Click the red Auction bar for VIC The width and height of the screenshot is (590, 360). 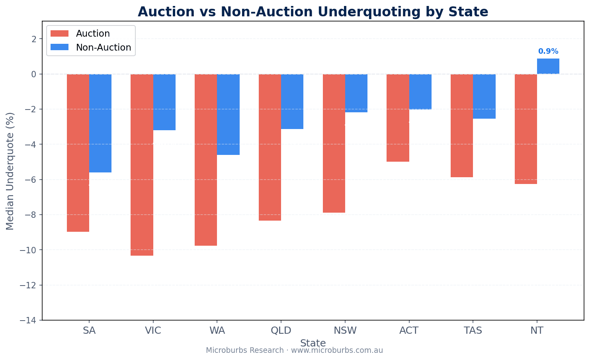tap(142, 165)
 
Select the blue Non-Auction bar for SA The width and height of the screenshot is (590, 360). tap(100, 123)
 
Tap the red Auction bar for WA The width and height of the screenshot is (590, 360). tap(206, 160)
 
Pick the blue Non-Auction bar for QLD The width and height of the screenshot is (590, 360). tap(292, 102)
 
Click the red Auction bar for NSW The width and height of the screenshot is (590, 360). tap(334, 143)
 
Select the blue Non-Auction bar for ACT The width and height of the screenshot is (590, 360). tap(420, 92)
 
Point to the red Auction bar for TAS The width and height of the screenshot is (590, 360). tap(462, 125)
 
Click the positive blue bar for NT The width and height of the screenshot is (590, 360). tap(548, 66)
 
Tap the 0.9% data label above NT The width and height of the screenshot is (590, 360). tap(548, 51)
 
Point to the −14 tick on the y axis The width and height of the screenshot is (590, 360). tap(30, 320)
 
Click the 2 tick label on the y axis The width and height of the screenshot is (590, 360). tap(34, 39)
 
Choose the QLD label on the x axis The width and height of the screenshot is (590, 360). tap(281, 331)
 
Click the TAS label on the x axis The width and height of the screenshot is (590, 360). tap(473, 331)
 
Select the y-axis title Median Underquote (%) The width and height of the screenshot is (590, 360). tap(10, 171)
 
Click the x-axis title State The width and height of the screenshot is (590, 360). tap(313, 343)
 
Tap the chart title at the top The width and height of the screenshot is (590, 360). tap(313, 12)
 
